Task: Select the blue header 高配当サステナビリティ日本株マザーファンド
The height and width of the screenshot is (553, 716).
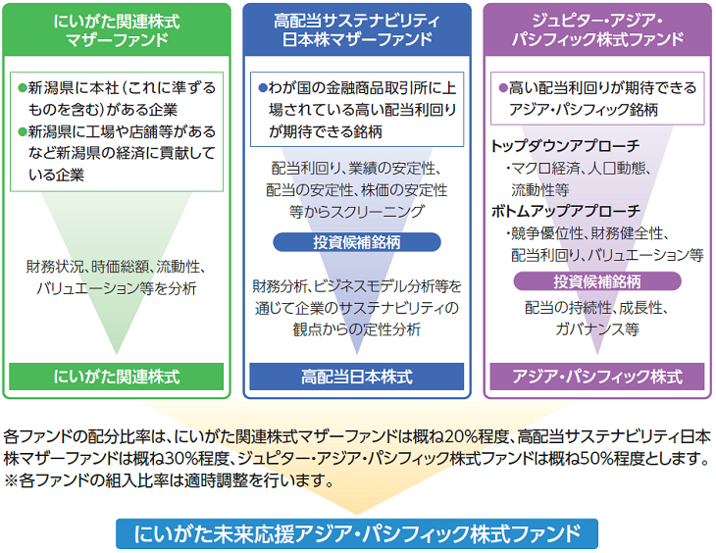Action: coord(356,30)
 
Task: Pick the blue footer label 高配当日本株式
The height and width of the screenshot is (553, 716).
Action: coord(356,377)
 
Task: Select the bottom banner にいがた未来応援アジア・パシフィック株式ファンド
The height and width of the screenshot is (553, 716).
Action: coord(356,532)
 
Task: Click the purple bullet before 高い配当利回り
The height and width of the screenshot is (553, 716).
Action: coord(502,88)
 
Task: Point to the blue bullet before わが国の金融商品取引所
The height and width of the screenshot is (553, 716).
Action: coord(262,88)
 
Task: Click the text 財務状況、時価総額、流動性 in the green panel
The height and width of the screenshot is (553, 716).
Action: coord(117,266)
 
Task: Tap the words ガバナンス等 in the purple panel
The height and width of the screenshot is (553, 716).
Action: coord(595,329)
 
